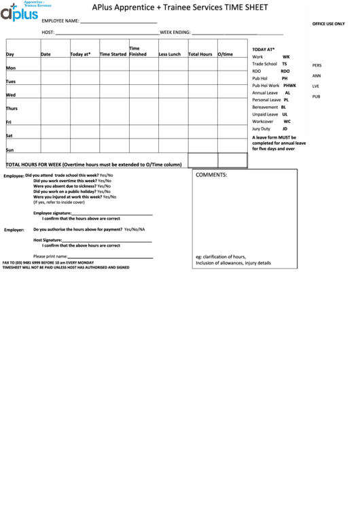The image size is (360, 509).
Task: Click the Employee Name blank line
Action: coord(119,23)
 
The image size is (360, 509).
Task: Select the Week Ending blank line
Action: coord(238,33)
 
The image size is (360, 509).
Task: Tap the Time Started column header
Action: coord(113,54)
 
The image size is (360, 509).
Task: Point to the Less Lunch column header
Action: coord(170,54)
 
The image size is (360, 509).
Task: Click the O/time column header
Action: coord(226,54)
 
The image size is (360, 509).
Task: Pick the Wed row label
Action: coord(11,95)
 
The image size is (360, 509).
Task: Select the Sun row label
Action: coord(10,150)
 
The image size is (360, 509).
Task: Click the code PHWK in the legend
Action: coord(290,86)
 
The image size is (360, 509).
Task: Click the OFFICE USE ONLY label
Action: coord(329,24)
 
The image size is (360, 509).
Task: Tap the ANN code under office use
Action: coord(317,75)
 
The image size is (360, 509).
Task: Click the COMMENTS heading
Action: coord(211,175)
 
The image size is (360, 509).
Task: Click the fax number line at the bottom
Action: coord(48,262)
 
